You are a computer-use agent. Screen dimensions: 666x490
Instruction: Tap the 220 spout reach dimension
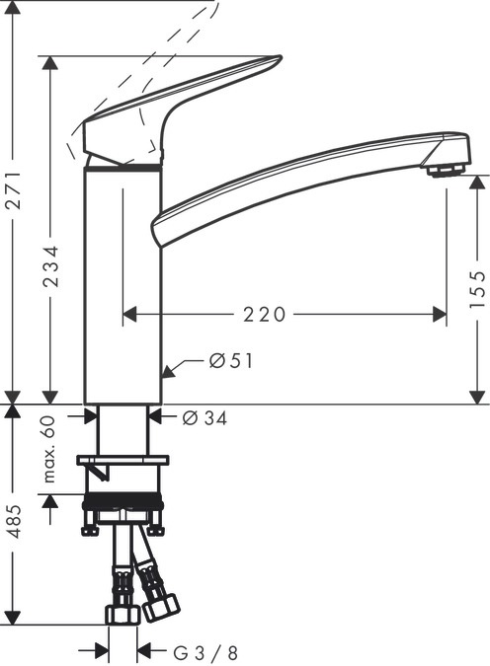(x=265, y=315)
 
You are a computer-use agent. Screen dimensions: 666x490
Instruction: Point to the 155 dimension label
(x=477, y=289)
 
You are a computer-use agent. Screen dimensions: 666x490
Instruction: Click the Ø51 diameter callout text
(x=231, y=362)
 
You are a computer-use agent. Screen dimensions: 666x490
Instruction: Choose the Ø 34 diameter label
(x=205, y=418)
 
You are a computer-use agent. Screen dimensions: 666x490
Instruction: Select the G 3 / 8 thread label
(x=205, y=652)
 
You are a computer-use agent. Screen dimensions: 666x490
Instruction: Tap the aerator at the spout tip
(x=447, y=170)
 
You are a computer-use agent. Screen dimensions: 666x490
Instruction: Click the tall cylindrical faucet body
(x=122, y=286)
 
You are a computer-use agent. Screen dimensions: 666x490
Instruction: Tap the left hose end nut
(x=122, y=615)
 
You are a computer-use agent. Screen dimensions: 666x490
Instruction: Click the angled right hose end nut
(x=160, y=606)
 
